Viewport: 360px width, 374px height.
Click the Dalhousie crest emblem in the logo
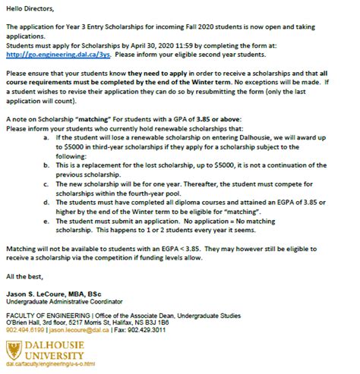[13, 350]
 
